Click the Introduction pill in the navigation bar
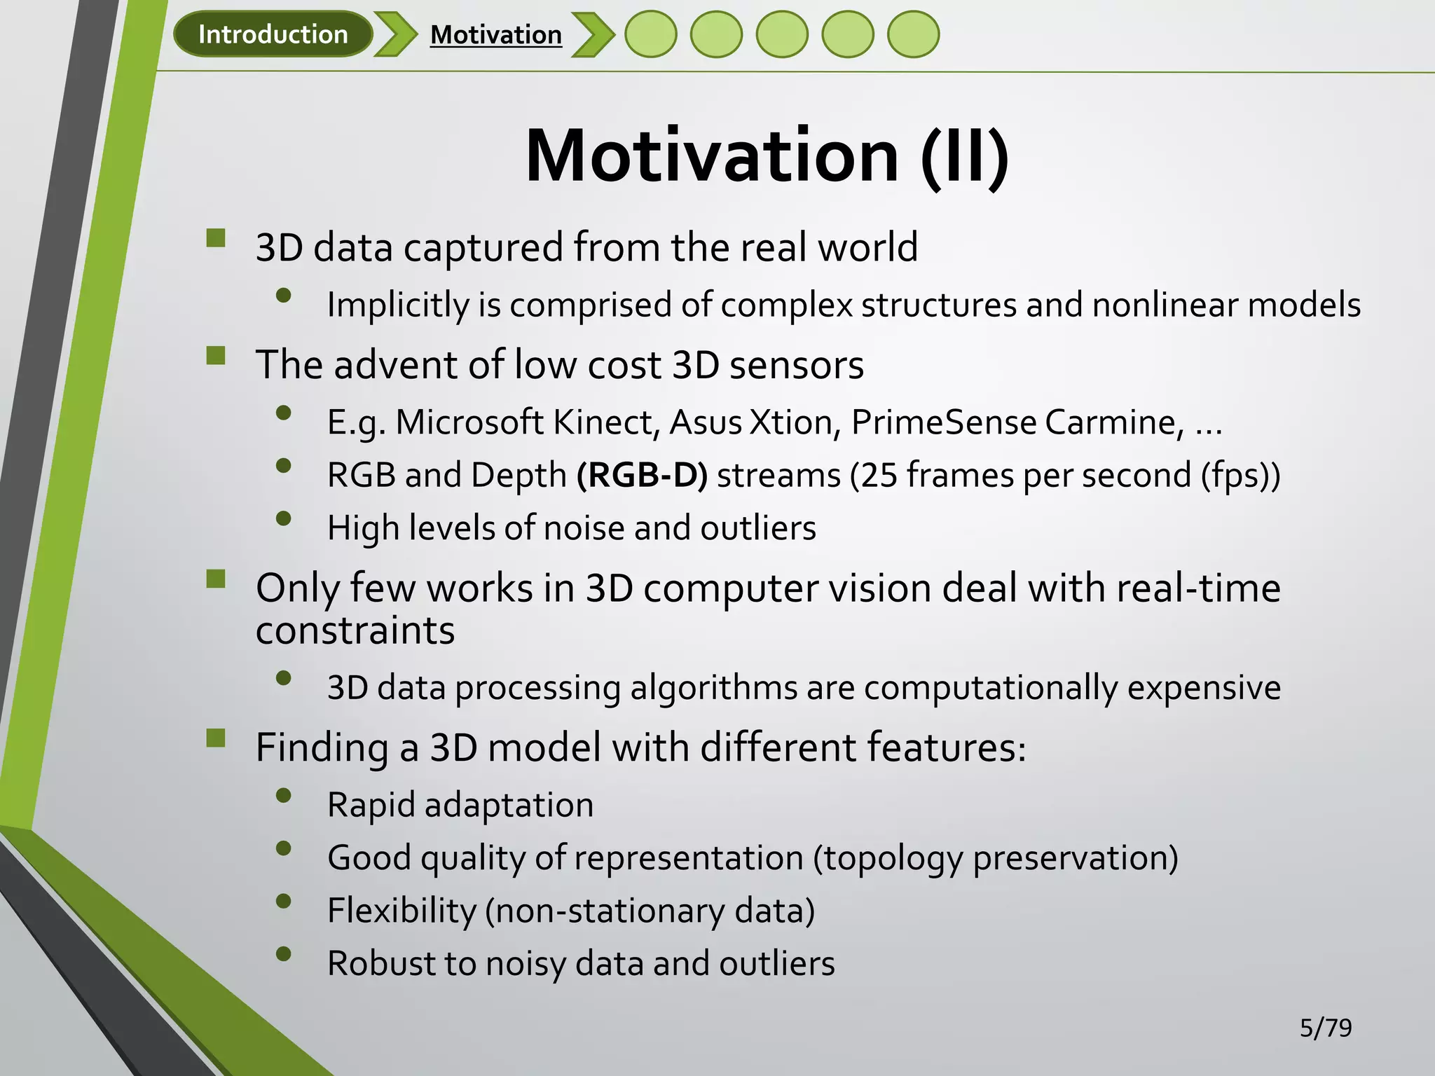click(x=273, y=34)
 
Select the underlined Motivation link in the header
click(x=496, y=35)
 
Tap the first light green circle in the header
click(x=651, y=34)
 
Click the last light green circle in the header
click(x=913, y=34)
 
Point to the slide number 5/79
click(x=1326, y=1028)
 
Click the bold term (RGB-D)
click(x=642, y=475)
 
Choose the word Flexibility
click(x=401, y=911)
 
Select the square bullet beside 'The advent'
click(x=216, y=356)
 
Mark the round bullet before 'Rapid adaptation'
click(x=284, y=795)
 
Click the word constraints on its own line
click(x=355, y=630)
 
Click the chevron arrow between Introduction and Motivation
click(x=395, y=34)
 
